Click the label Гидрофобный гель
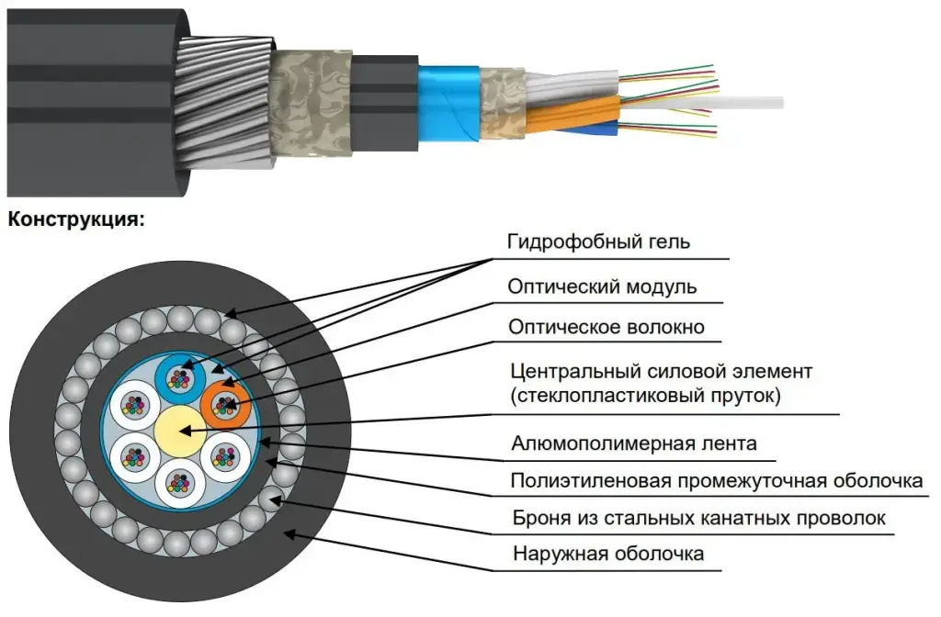tap(598, 242)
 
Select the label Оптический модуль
tap(602, 286)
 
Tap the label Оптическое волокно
tap(607, 327)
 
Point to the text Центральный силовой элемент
tap(662, 373)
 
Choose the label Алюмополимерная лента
tap(634, 444)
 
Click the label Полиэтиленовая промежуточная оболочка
tap(717, 481)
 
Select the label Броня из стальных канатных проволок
tap(699, 519)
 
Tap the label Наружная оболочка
tap(608, 554)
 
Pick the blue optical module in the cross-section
tap(180, 376)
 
